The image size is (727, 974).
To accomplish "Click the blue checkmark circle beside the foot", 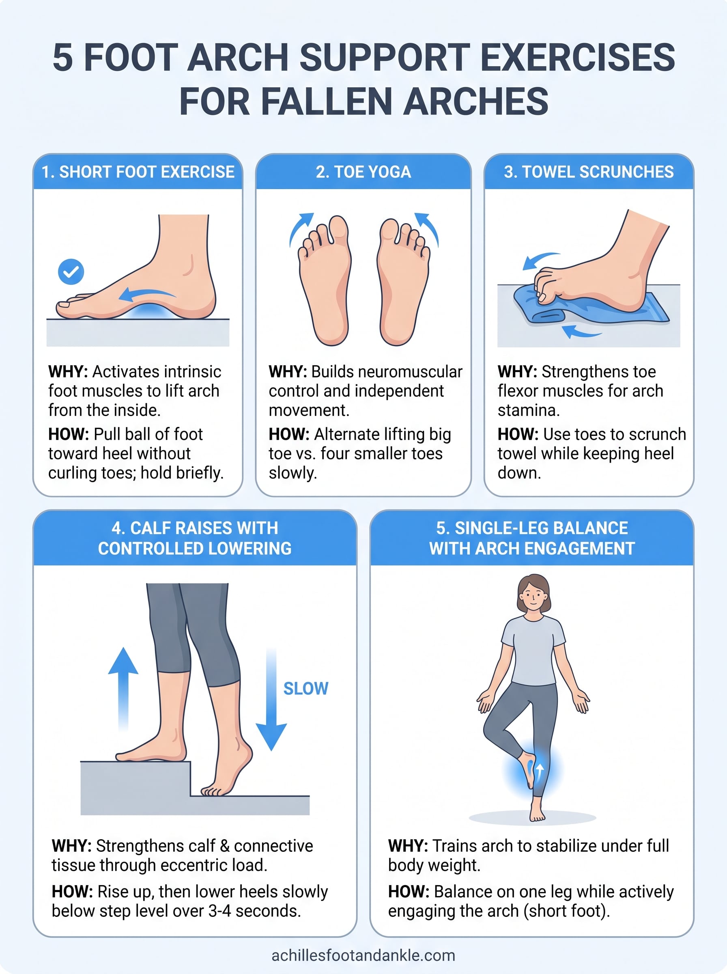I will pos(71,272).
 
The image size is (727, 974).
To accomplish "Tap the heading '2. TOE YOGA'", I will pos(363,172).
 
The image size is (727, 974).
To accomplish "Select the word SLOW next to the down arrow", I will pos(306,688).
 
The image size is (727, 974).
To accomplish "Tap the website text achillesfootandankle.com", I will pos(363,955).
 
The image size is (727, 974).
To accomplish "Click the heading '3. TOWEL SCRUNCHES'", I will pos(588,172).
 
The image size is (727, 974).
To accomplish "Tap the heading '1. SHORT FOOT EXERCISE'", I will pos(138,172).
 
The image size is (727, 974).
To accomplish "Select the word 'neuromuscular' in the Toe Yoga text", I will pos(387,372).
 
